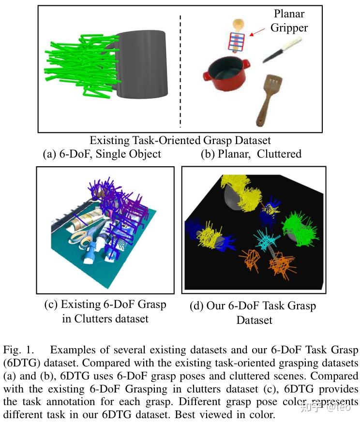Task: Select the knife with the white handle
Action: click(284, 50)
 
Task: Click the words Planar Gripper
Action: click(289, 21)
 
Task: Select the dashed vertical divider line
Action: click(181, 70)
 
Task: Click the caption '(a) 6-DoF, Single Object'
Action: click(102, 154)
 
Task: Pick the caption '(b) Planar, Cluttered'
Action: click(251, 154)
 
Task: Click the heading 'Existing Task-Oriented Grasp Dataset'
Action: click(180, 141)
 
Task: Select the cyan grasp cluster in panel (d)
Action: click(266, 239)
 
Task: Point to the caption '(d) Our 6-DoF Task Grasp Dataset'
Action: click(254, 312)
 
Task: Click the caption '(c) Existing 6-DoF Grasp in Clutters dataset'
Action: click(105, 311)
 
